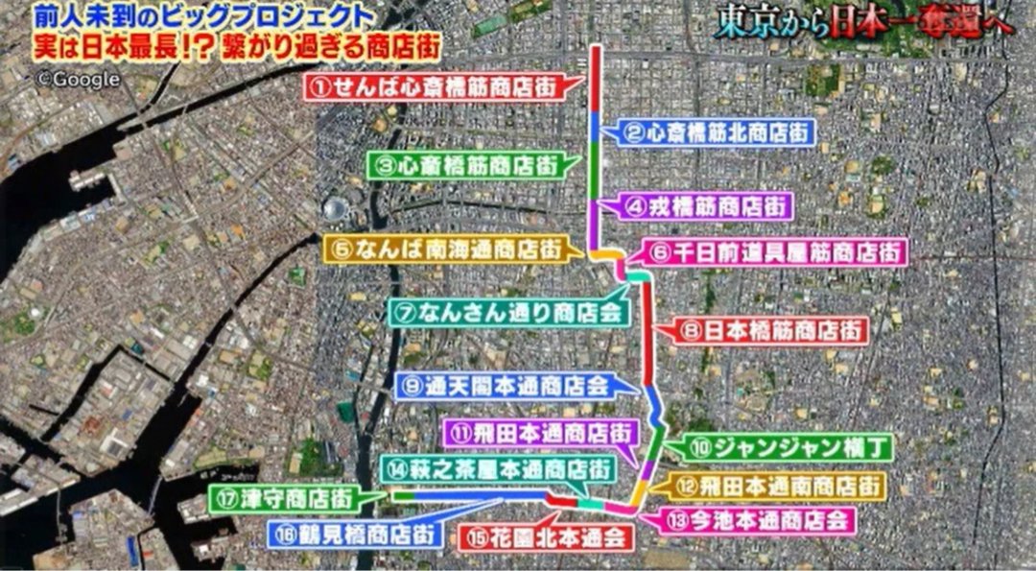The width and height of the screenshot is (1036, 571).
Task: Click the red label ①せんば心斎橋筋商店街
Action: click(434, 86)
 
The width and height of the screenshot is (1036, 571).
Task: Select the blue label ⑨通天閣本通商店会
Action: click(506, 386)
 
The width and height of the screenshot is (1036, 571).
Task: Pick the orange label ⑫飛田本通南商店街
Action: click(774, 486)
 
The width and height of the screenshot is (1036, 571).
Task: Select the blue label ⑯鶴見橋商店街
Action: click(352, 535)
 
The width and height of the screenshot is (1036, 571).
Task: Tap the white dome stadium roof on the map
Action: click(335, 208)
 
